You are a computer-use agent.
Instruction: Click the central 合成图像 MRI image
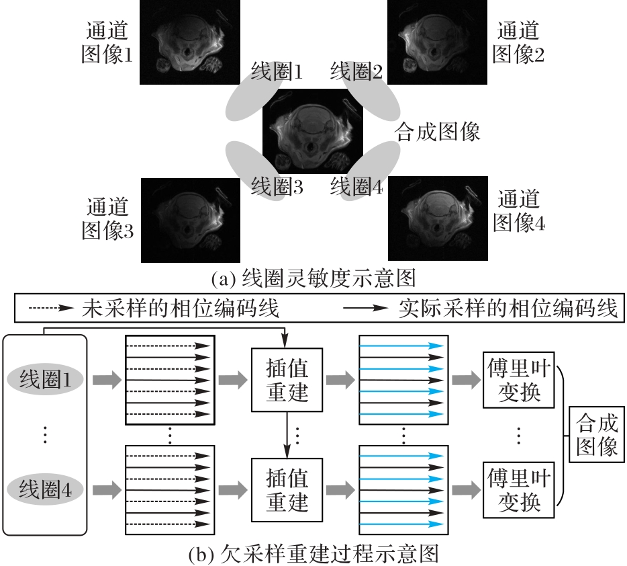coord(312,132)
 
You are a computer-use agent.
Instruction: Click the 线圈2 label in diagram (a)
coord(356,71)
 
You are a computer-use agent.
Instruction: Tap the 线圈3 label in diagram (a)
coord(277,186)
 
